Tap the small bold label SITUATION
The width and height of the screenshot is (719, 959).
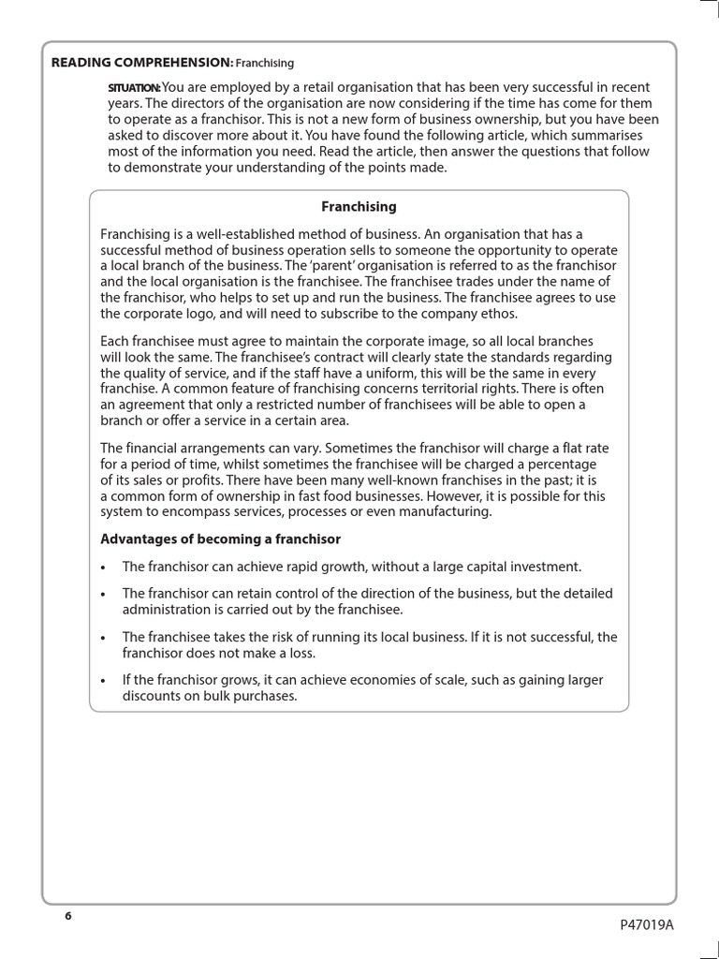[x=135, y=88]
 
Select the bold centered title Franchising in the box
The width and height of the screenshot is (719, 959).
[x=359, y=206]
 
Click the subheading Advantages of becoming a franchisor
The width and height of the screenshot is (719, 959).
[x=220, y=539]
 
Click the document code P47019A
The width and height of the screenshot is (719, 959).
[x=646, y=924]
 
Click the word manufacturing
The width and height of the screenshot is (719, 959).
[x=443, y=511]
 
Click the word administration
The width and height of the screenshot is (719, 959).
[x=167, y=610]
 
